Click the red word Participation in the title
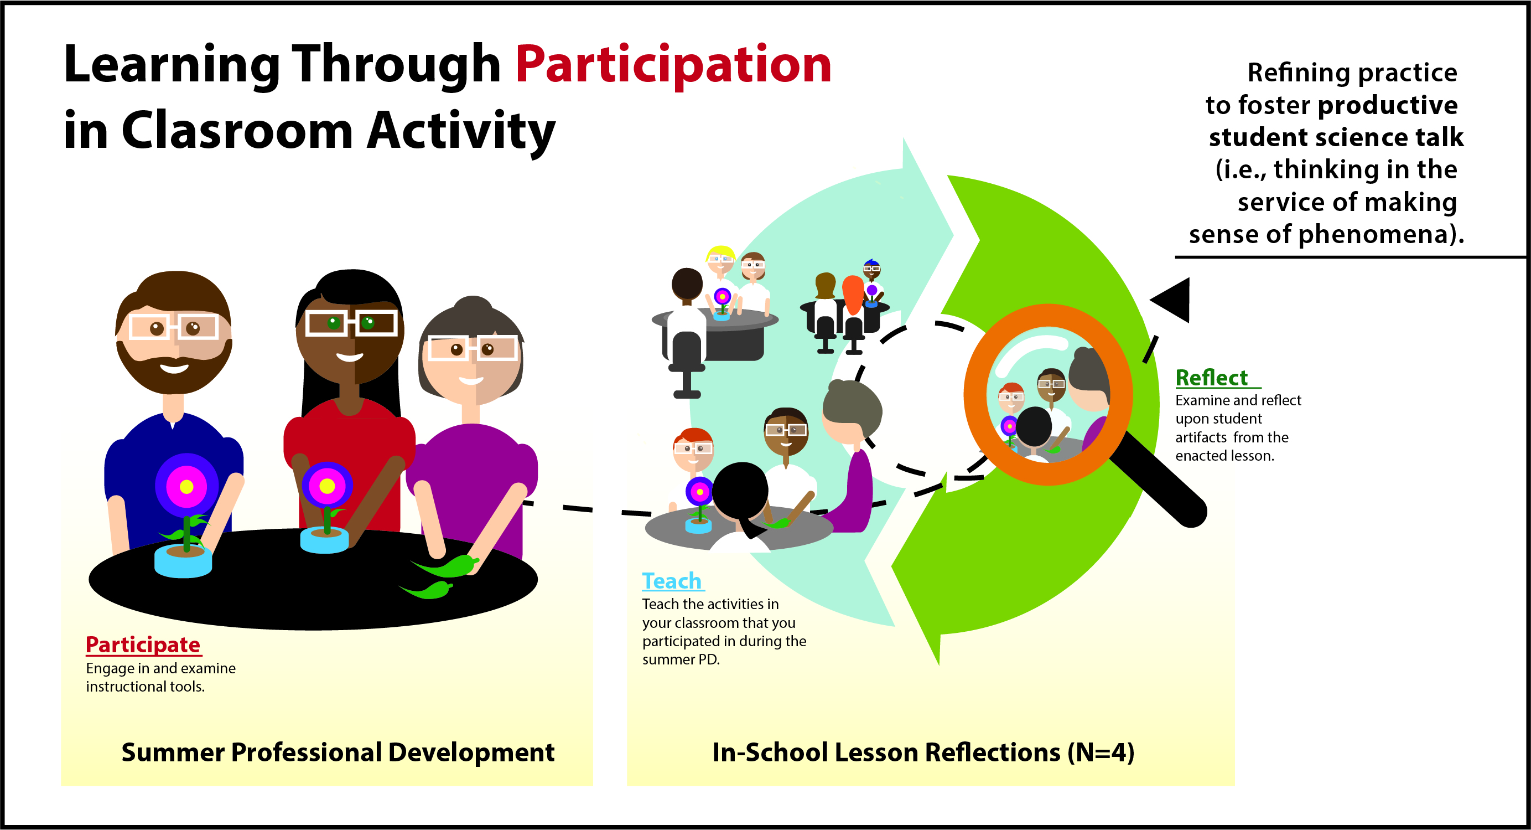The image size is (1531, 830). [673, 65]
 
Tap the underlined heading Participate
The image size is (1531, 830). [143, 645]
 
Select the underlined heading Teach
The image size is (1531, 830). [672, 581]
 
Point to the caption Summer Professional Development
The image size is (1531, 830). [338, 752]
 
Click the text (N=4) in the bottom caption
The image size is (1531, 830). [1101, 752]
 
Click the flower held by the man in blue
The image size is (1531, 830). [186, 487]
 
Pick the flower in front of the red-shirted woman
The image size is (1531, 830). [327, 486]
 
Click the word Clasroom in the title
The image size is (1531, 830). [238, 131]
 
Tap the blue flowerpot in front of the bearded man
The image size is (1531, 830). [183, 561]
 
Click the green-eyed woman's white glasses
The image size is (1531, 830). [351, 323]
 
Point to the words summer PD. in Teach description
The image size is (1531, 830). [681, 660]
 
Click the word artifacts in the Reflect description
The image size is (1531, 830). [1201, 437]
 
